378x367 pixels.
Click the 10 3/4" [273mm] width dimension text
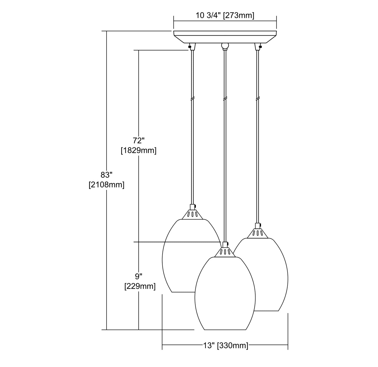[225, 16]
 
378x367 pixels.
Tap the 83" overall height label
[106, 175]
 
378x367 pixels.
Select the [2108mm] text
[106, 185]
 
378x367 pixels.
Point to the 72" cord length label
[138, 140]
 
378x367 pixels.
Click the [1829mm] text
[139, 151]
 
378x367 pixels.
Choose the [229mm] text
[140, 287]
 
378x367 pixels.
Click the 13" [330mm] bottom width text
[225, 345]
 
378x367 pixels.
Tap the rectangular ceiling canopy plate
[225, 37]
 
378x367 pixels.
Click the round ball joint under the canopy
[225, 46]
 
